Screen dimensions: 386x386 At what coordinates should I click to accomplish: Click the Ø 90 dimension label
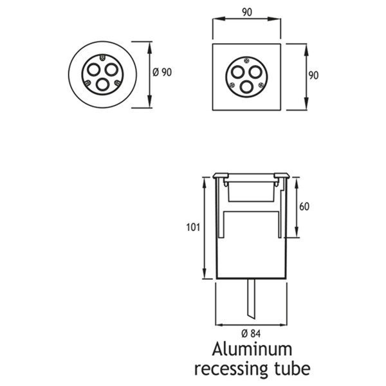pos(162,72)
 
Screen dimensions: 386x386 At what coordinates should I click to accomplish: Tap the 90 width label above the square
pos(247,12)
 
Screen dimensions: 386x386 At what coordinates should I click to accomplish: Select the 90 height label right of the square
pos(313,75)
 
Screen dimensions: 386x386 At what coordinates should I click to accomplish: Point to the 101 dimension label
pos(193,227)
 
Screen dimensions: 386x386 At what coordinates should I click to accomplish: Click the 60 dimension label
pos(304,207)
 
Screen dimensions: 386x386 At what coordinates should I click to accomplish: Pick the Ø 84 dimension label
pos(251,334)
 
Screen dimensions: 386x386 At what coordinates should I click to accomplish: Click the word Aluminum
pos(252,349)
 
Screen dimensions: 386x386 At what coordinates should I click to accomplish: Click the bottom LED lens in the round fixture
pos(102,84)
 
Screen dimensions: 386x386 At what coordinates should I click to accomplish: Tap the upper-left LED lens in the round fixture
pos(93,69)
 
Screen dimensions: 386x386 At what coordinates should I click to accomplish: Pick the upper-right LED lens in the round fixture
pos(111,69)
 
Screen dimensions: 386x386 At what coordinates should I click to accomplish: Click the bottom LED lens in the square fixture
pos(246,87)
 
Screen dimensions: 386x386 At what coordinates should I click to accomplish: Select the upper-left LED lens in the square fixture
pos(237,72)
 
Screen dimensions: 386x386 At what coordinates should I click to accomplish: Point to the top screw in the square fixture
pos(246,60)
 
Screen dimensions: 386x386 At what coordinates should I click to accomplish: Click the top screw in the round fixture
pos(102,58)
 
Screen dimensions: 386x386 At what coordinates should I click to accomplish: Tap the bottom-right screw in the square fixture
pos(261,85)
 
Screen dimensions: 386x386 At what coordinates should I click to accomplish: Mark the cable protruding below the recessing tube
pos(252,299)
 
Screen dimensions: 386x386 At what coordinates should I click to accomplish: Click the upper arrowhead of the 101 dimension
pos(204,183)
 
